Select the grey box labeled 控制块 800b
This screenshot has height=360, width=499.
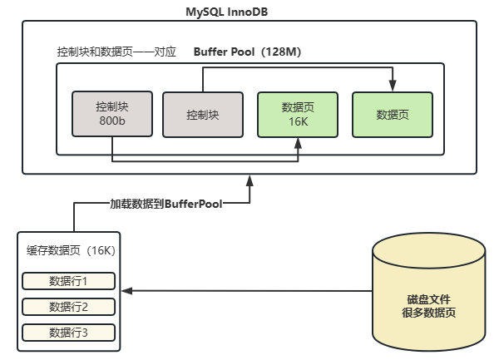(x=111, y=113)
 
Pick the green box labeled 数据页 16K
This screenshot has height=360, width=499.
(x=299, y=113)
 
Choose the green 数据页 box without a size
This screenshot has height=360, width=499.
(x=393, y=114)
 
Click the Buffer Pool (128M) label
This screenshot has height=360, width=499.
(x=247, y=52)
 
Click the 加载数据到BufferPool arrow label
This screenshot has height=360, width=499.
(x=166, y=202)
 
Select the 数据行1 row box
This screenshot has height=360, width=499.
(x=68, y=280)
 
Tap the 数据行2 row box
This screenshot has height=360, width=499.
(x=68, y=307)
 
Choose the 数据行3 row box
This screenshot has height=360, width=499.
(x=68, y=333)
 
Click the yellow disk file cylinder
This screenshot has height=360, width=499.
(x=428, y=290)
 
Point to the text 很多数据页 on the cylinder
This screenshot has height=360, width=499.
(x=428, y=313)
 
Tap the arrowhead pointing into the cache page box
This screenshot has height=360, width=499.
(x=126, y=291)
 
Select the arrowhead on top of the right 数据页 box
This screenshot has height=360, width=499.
(x=393, y=86)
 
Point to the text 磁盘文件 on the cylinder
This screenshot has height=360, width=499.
(x=428, y=299)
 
